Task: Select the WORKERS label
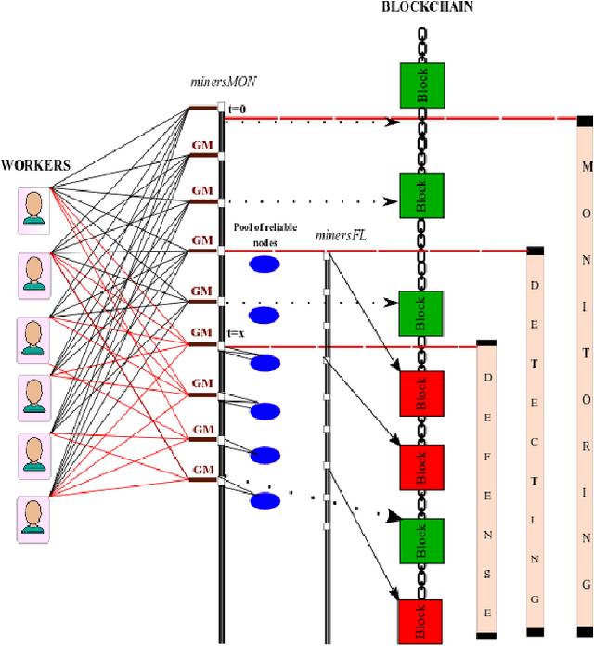coord(35,165)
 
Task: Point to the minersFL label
coord(341,236)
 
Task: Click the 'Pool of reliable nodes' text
coord(265,235)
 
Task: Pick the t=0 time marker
coord(238,108)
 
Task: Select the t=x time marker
coord(237,333)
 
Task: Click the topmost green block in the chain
coord(422,85)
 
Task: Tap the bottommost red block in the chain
coord(420,621)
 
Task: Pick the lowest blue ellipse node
coord(265,501)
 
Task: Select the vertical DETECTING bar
coord(536,442)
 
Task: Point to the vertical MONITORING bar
coord(585,376)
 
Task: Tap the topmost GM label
coord(201,145)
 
